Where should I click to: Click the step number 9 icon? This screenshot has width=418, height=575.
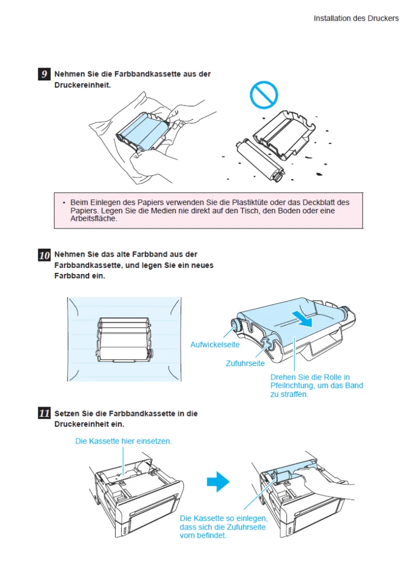[44, 74]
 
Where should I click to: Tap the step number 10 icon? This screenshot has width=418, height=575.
[44, 255]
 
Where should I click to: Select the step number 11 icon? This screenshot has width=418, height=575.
[44, 414]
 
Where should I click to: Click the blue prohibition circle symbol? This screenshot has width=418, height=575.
[264, 95]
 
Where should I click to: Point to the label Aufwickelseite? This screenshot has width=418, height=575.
[215, 345]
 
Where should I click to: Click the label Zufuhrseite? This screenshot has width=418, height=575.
[245, 364]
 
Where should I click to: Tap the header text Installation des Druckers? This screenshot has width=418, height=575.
[356, 19]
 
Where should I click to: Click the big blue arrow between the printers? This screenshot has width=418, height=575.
[218, 481]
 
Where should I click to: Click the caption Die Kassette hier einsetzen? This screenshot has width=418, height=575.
[123, 441]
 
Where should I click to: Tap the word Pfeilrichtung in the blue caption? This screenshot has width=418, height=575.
[293, 386]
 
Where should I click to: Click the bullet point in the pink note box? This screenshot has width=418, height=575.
[64, 202]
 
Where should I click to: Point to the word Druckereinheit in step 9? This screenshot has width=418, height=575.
[82, 85]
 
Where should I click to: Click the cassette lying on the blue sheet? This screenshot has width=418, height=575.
[125, 341]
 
